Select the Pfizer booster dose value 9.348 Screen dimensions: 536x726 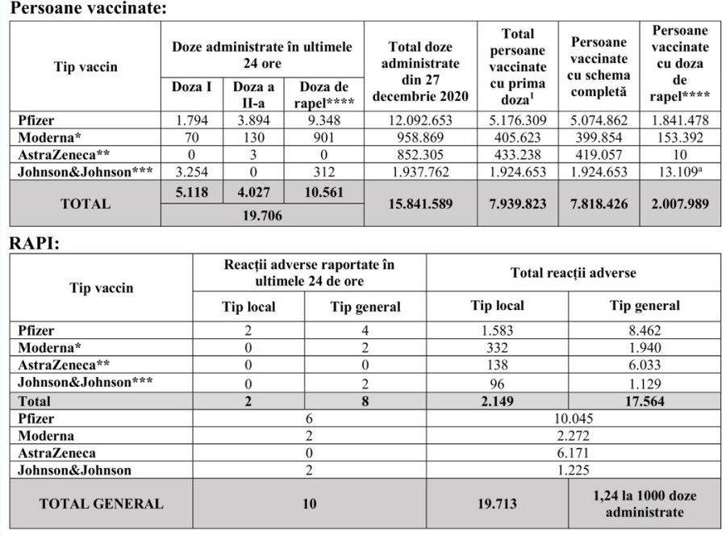coord(323,121)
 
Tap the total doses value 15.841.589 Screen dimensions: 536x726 coord(418,203)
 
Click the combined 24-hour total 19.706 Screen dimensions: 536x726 coord(262,216)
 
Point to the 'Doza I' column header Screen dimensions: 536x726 coord(192,88)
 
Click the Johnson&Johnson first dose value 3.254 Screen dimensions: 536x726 coord(192,172)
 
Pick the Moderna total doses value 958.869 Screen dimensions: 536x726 coord(418,138)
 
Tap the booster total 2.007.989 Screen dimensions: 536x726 coord(680,203)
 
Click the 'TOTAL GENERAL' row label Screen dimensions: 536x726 coord(101,504)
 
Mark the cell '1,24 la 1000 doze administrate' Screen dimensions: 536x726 coord(645,504)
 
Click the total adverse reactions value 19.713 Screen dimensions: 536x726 coord(497,504)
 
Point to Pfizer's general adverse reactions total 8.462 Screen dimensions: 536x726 coord(644,330)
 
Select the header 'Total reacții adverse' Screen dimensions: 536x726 coord(573,273)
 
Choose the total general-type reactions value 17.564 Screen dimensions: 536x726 coord(644,400)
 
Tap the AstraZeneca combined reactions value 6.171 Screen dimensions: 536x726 coord(573,453)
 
